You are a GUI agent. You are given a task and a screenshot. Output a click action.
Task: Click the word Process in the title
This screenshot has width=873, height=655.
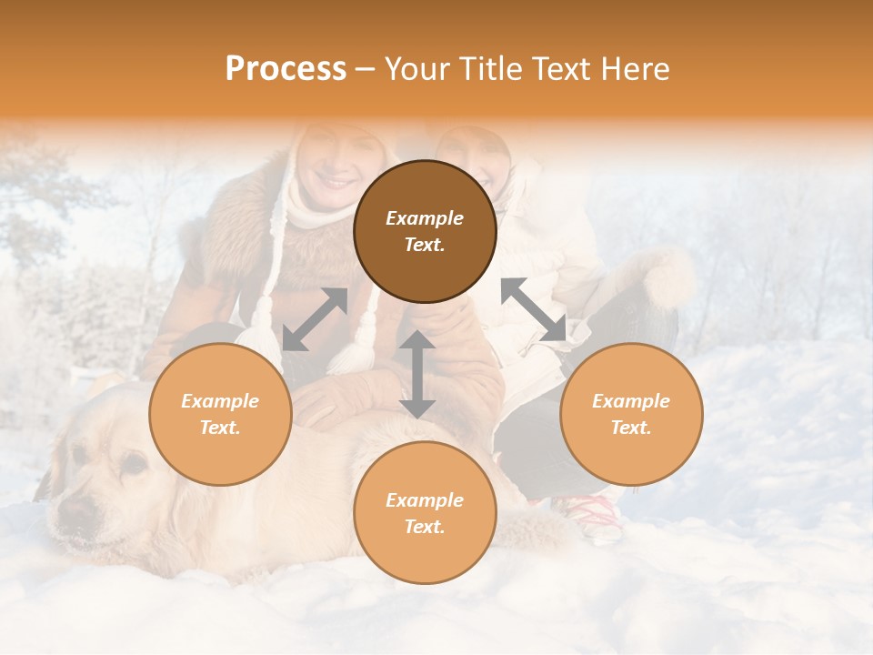tap(286, 69)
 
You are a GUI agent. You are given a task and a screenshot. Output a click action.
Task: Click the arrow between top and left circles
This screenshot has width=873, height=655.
tap(315, 319)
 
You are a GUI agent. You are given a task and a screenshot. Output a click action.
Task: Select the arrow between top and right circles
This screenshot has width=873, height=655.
tap(534, 309)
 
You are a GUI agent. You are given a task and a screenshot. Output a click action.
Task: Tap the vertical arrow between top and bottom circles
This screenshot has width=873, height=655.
tap(417, 374)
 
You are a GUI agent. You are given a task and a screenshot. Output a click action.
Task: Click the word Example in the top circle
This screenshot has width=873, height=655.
tap(425, 218)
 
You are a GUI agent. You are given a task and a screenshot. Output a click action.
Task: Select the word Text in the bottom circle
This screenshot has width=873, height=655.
tap(425, 527)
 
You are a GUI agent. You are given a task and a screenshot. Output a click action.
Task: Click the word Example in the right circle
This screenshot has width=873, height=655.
tap(631, 401)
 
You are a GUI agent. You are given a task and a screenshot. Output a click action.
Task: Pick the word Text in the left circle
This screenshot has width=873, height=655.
tap(220, 428)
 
